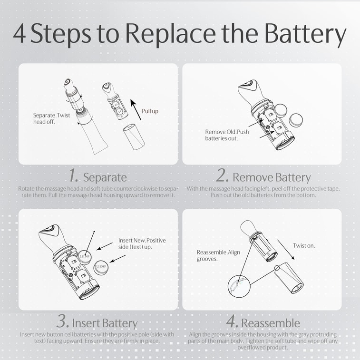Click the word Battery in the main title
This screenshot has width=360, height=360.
[x=305, y=34]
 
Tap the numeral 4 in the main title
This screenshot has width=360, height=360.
[x=19, y=33]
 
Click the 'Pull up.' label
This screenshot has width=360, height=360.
[x=151, y=111]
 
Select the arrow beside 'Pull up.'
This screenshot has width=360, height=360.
[x=136, y=109]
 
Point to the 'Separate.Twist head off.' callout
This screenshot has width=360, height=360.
[x=51, y=118]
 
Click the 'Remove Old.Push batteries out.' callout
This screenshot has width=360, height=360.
[x=227, y=135]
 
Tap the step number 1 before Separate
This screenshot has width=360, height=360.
[x=74, y=175]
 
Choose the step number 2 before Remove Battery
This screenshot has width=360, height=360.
[x=223, y=175]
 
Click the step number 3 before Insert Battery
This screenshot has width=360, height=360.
[x=63, y=321]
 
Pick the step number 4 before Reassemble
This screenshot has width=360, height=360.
[x=232, y=321]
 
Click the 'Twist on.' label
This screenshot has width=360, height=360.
[x=304, y=246]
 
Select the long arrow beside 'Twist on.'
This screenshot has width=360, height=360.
[x=286, y=250]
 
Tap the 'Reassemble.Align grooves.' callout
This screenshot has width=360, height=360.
[x=218, y=255]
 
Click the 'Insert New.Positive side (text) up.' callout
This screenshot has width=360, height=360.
[x=142, y=243]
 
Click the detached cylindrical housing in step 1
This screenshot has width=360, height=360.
[x=134, y=136]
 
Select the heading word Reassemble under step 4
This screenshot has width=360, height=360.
[x=271, y=323]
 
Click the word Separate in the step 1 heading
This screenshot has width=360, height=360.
[x=105, y=177]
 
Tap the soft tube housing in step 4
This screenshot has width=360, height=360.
[x=289, y=278]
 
